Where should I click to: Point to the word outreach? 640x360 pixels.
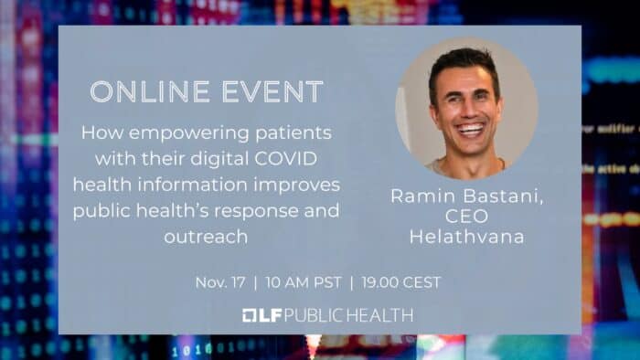[x=209, y=236]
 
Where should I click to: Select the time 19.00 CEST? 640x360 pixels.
[x=401, y=282]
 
